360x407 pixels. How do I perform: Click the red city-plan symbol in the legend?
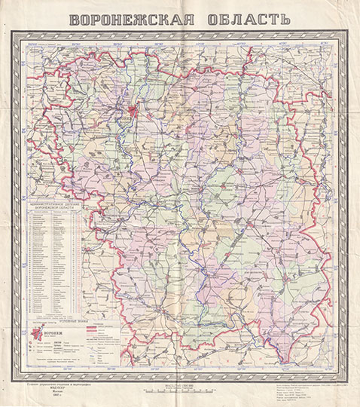[x=36, y=334]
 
